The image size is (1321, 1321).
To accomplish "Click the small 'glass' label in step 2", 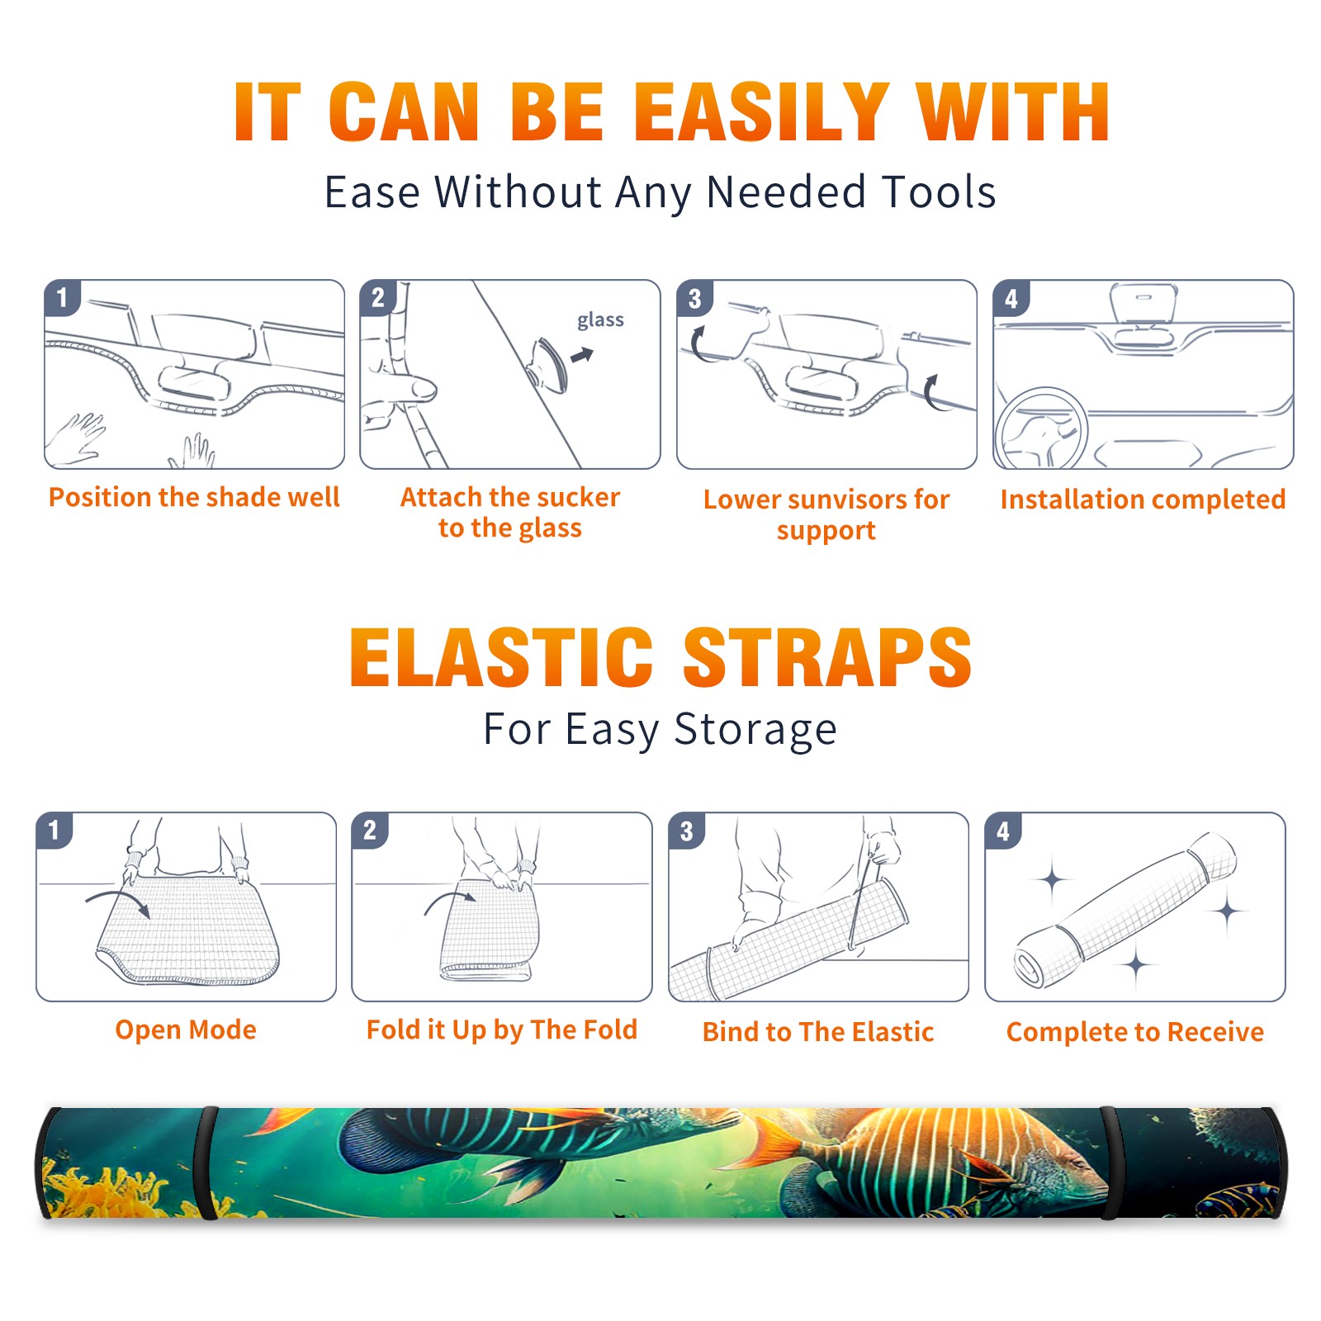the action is (x=600, y=320).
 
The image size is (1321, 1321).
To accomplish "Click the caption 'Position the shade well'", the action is (x=194, y=497).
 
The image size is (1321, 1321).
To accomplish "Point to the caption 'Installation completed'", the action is (x=1143, y=500).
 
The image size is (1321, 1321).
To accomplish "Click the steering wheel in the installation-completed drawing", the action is (x=1040, y=428).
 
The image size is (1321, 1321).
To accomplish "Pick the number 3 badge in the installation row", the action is (x=694, y=298).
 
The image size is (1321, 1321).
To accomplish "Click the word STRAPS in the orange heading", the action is (x=827, y=657).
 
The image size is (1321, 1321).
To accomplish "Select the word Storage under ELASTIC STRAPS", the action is (x=755, y=730).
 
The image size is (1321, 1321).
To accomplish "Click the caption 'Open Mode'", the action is (x=186, y=1030).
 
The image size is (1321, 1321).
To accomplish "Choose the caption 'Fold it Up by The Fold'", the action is (x=502, y=1030).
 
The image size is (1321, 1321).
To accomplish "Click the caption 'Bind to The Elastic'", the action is (x=818, y=1032).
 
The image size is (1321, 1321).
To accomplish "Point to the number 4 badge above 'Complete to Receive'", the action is (x=1003, y=831).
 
